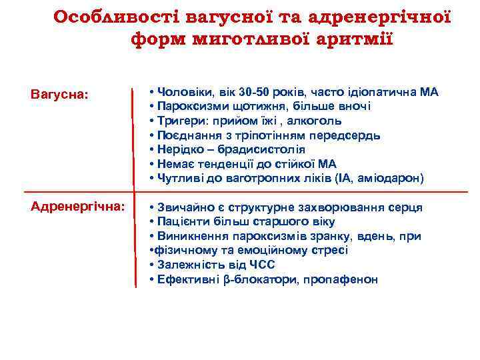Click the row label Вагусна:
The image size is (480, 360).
click(59, 94)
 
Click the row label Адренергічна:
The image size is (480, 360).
click(77, 207)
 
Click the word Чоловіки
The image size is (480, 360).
click(182, 92)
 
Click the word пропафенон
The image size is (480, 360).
click(340, 279)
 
